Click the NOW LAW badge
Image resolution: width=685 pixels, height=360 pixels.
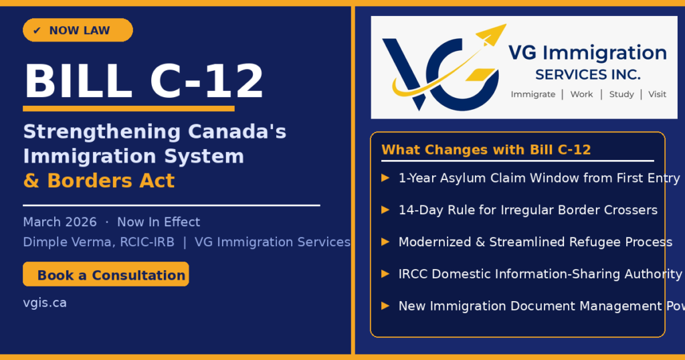(78, 30)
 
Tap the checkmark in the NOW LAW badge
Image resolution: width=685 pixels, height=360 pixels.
(37, 31)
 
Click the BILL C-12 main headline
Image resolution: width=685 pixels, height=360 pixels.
(144, 81)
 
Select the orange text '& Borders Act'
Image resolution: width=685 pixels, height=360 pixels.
(99, 181)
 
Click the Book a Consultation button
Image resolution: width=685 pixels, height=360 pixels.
(106, 274)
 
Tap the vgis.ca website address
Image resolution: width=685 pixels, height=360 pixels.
(45, 302)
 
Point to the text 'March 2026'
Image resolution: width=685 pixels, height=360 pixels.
(60, 222)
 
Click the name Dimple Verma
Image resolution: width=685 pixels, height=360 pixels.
(69, 242)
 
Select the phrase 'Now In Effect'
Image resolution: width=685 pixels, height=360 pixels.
(159, 222)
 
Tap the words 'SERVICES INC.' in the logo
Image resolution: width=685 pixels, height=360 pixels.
(588, 75)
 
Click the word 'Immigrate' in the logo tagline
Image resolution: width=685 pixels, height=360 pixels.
(533, 94)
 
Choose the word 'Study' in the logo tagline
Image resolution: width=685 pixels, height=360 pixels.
(621, 94)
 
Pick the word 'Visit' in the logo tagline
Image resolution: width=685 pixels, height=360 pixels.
(657, 94)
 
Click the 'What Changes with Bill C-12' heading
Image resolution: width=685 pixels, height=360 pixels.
(486, 150)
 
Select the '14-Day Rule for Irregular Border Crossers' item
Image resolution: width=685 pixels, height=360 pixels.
(528, 210)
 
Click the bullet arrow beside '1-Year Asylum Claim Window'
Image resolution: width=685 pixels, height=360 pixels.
(385, 178)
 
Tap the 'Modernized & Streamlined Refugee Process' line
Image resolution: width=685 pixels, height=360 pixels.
(535, 242)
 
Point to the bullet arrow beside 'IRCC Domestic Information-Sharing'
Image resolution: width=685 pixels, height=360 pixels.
(385, 274)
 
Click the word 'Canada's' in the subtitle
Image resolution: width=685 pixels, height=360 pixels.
(237, 132)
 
